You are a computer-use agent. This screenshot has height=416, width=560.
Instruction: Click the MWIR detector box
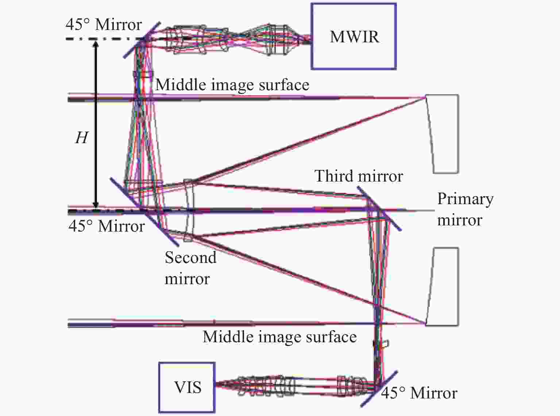click(354, 36)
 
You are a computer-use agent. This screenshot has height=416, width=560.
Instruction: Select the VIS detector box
click(187, 388)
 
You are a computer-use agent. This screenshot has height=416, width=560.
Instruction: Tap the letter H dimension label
click(82, 138)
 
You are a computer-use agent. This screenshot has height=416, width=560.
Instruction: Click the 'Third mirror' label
click(359, 176)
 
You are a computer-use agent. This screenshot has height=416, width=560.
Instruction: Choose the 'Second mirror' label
click(190, 268)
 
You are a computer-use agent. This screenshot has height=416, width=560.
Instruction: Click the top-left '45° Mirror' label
click(104, 24)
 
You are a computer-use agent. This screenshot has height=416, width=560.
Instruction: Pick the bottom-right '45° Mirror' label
click(419, 393)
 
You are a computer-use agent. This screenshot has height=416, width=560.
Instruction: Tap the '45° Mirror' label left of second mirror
click(107, 226)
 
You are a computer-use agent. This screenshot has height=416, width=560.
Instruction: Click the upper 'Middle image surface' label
click(232, 84)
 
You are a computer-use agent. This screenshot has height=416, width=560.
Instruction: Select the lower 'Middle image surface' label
click(280, 337)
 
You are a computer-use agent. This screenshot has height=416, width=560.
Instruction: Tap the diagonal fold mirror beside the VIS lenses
click(379, 389)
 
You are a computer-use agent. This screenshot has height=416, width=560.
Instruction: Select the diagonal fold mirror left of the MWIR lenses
click(142, 40)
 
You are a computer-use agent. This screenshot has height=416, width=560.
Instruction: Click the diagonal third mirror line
click(379, 209)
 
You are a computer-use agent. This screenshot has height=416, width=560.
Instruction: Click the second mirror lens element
click(189, 210)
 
